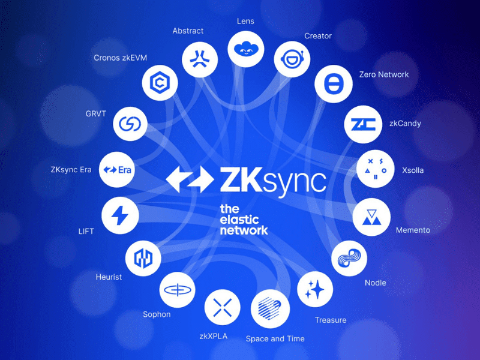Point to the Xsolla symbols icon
coord(376,169)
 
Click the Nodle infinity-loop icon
coord(350,260)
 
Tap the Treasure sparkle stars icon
coord(315,291)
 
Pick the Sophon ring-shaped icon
coord(178,290)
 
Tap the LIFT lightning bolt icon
coord(121,215)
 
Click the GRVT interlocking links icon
coord(130,124)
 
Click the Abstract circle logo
coord(200,59)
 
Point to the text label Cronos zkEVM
coord(120,58)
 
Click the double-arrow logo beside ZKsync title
coord(190,179)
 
